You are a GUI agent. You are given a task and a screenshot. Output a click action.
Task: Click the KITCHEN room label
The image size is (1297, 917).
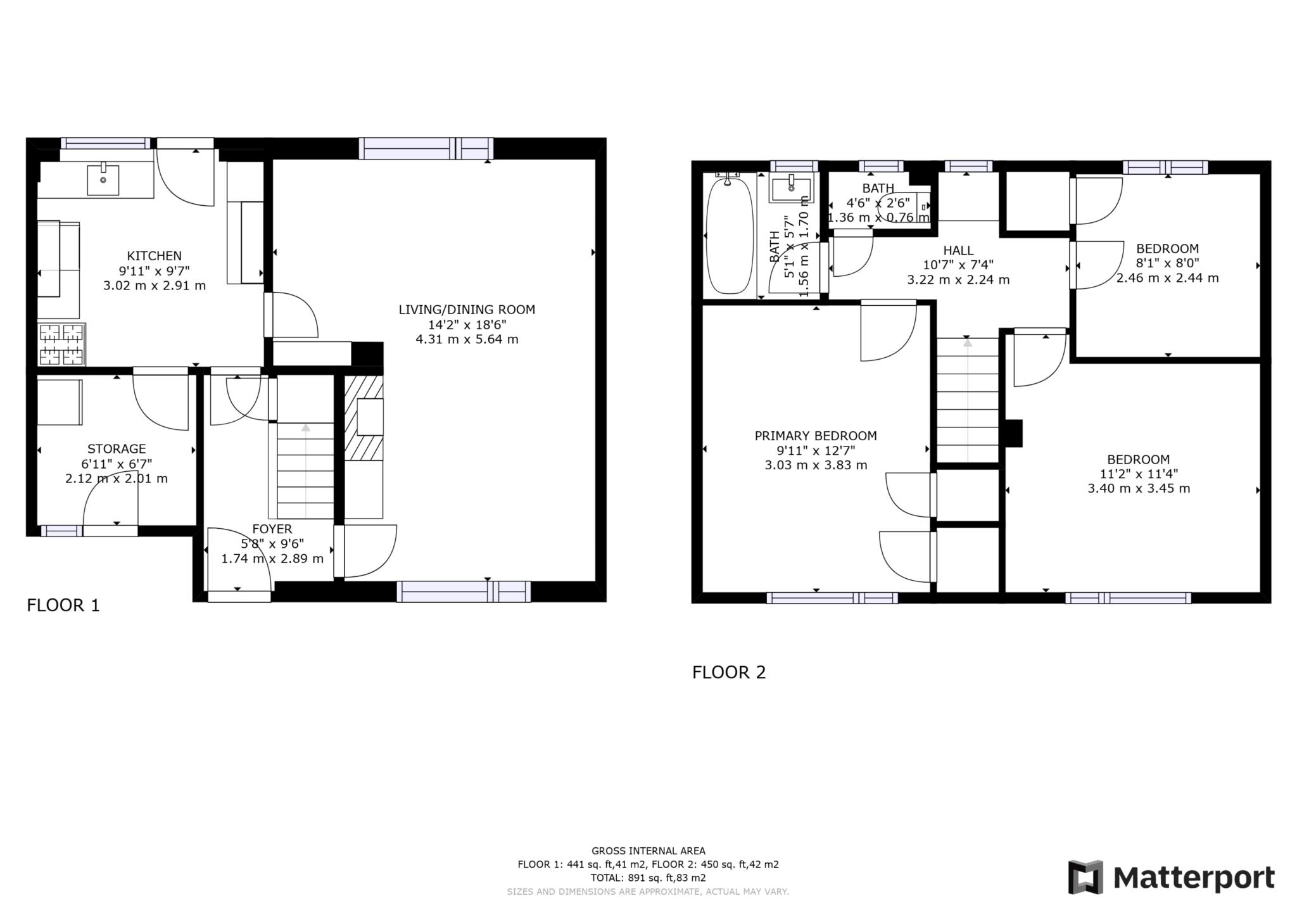coord(154,256)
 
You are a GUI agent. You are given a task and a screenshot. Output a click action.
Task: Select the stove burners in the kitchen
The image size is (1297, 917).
coord(62,345)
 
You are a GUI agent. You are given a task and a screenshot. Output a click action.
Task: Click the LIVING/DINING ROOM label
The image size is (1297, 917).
coord(467,310)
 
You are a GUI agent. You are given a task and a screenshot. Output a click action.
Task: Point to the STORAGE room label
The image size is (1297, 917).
coord(117,449)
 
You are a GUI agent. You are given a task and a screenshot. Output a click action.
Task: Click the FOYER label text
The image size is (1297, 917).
coord(272,529)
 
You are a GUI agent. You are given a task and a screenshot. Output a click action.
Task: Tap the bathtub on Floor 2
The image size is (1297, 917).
coord(730,236)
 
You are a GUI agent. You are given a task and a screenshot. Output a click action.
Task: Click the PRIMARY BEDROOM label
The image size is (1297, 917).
coord(816,436)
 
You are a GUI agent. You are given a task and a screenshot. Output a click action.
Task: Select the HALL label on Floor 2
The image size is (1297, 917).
coord(958,250)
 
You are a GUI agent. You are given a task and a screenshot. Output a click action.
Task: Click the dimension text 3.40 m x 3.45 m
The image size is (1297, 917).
coord(1139,488)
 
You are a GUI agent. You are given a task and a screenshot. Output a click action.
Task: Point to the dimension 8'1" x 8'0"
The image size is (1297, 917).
coord(1167,263)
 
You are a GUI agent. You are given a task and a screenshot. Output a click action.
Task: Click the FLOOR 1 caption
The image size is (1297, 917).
coord(63,605)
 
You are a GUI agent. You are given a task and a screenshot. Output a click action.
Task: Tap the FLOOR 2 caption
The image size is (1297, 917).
coord(729,672)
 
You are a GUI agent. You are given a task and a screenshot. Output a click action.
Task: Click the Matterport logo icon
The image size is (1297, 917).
coord(1085,877)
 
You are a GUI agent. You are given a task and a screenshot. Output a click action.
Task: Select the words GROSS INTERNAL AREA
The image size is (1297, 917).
coord(648,851)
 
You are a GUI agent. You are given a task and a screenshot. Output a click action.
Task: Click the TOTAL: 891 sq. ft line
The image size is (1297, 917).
coord(648,878)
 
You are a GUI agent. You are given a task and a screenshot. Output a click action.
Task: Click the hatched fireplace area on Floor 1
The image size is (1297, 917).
coord(363,418)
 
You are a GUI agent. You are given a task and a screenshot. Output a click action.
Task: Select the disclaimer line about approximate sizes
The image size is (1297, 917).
coord(648,892)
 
